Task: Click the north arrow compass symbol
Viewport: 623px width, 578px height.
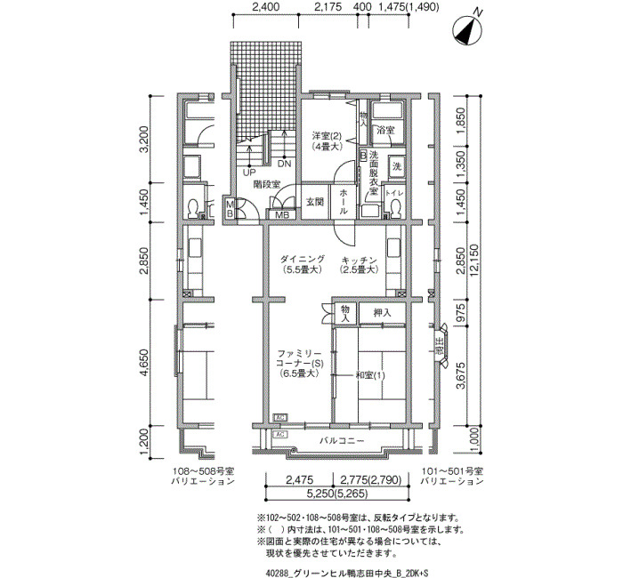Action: pyautogui.click(x=470, y=29)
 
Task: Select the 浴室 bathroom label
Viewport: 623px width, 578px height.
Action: pyautogui.click(x=385, y=131)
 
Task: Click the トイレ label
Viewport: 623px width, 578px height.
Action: pyautogui.click(x=392, y=191)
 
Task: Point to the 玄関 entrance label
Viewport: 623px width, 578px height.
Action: pyautogui.click(x=316, y=202)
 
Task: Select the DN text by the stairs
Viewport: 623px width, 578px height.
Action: pyautogui.click(x=283, y=165)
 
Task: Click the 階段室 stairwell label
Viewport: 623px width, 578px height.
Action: pyautogui.click(x=266, y=185)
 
